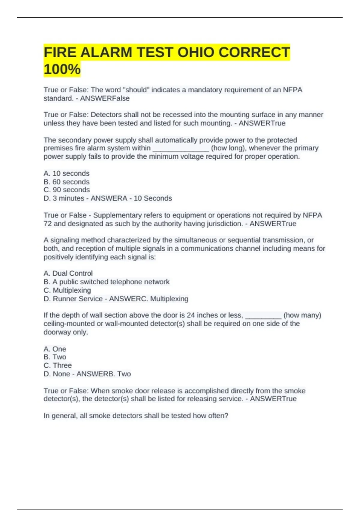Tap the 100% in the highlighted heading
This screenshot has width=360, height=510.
coord(62,69)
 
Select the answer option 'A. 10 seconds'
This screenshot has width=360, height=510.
coord(67,173)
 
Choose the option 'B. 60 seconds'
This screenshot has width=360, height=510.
coord(67,182)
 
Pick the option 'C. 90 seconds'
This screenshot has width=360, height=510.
coord(67,190)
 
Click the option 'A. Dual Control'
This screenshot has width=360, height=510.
coord(68,273)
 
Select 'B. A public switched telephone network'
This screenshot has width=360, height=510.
coord(106,282)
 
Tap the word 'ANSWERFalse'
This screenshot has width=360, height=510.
coord(105,98)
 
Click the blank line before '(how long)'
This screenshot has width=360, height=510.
coord(181,148)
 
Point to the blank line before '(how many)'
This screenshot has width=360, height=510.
coord(263,315)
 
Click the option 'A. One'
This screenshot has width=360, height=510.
coord(55,349)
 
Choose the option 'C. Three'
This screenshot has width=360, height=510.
coord(58,365)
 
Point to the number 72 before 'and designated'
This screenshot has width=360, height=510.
coord(47,223)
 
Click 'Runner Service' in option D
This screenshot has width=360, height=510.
coord(78,299)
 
